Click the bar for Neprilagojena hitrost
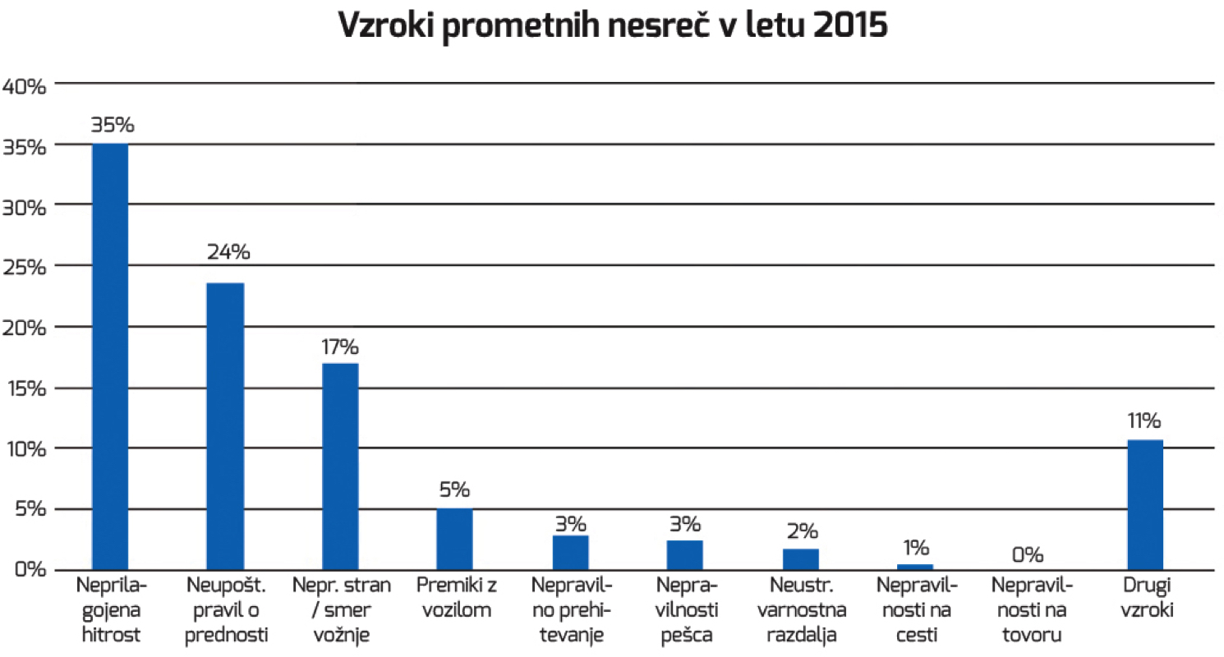pyautogui.click(x=109, y=356)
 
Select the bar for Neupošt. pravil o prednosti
pyautogui.click(x=224, y=426)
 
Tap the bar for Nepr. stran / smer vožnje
pyautogui.click(x=339, y=466)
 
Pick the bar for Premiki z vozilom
pyautogui.click(x=454, y=539)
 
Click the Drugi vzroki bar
pyautogui.click(x=1144, y=505)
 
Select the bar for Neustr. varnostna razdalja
pyautogui.click(x=800, y=559)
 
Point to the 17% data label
pyautogui.click(x=340, y=347)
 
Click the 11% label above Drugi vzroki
pyautogui.click(x=1144, y=422)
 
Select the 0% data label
pyautogui.click(x=1027, y=554)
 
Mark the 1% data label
pyautogui.click(x=915, y=547)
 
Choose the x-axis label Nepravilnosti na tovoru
pyautogui.click(x=1030, y=609)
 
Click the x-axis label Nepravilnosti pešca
pyautogui.click(x=685, y=609)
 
